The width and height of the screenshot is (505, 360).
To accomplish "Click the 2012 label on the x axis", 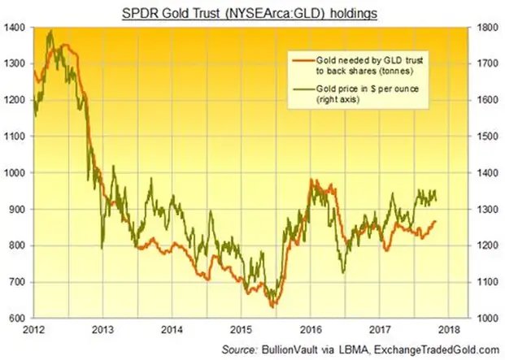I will (33, 330).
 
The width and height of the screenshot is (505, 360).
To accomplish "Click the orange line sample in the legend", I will (303, 60).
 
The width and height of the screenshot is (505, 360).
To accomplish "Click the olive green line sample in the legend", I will (303, 87).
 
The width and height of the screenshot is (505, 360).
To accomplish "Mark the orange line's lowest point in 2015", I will (273, 307).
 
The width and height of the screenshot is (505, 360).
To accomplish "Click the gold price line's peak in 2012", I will (51, 31).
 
